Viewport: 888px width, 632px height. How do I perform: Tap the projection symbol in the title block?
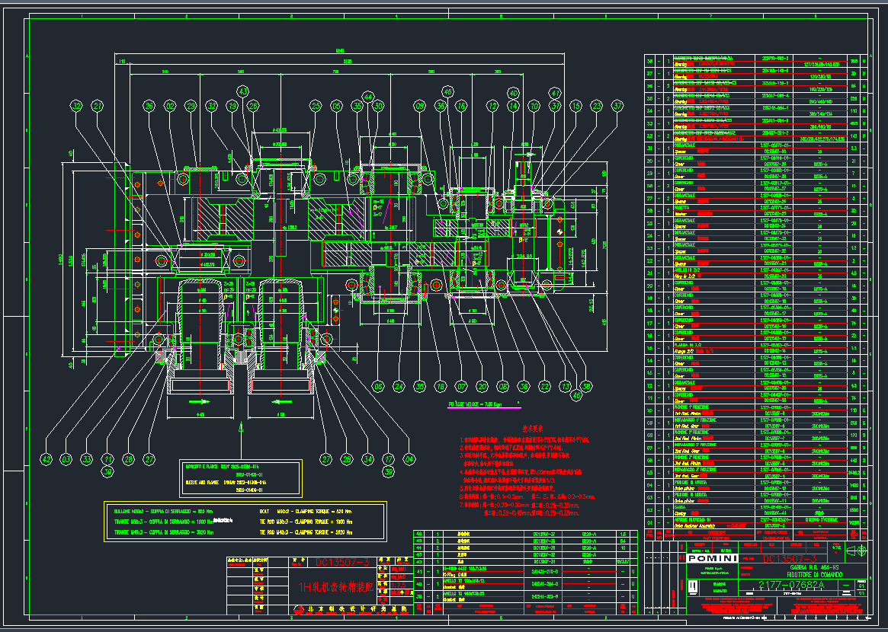pos(857,551)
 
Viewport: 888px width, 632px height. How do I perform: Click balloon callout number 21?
pos(97,107)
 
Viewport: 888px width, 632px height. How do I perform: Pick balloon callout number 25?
pos(316,107)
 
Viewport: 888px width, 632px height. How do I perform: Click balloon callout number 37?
pos(617,107)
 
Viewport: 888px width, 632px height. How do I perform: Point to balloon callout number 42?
pos(46,459)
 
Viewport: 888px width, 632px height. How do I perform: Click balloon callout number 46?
pos(576,395)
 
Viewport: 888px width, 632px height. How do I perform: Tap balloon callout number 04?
pos(409,459)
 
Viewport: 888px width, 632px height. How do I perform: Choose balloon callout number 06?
pos(440,107)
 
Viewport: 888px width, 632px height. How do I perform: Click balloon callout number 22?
pos(544,386)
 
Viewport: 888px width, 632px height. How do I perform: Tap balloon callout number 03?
pos(67,459)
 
